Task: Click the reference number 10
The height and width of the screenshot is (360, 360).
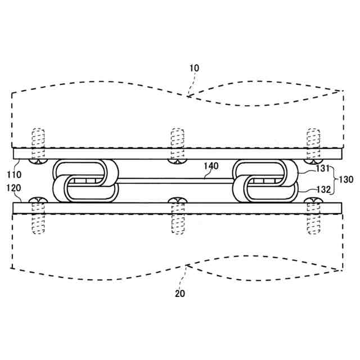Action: click(x=194, y=68)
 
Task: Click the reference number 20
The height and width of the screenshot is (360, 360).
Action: click(x=179, y=293)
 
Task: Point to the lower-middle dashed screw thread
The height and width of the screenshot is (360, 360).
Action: click(x=177, y=219)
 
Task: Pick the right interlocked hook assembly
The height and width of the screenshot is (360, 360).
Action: click(x=265, y=181)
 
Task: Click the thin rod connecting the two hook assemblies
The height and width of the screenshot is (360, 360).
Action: click(x=174, y=181)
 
